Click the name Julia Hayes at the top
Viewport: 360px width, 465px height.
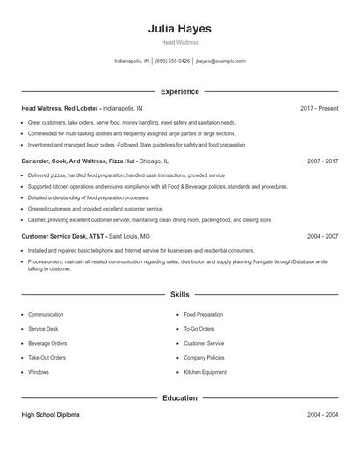[179, 29]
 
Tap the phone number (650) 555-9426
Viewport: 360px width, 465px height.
[173, 61]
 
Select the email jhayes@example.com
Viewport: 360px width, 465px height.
[220, 61]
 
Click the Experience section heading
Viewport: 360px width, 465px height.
[179, 91]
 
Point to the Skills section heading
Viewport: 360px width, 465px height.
[179, 295]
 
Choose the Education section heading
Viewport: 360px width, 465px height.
[179, 397]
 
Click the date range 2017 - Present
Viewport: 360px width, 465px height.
[319, 108]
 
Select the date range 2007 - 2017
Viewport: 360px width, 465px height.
[322, 161]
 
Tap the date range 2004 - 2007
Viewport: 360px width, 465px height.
[322, 236]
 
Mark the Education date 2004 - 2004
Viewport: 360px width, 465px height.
[322, 414]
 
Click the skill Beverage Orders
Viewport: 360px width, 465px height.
[47, 343]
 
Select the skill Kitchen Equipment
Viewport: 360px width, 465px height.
[205, 372]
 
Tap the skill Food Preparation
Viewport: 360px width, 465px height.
[203, 314]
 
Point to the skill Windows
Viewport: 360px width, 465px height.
[39, 372]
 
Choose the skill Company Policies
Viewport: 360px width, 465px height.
[204, 358]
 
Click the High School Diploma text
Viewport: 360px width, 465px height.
[50, 414]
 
